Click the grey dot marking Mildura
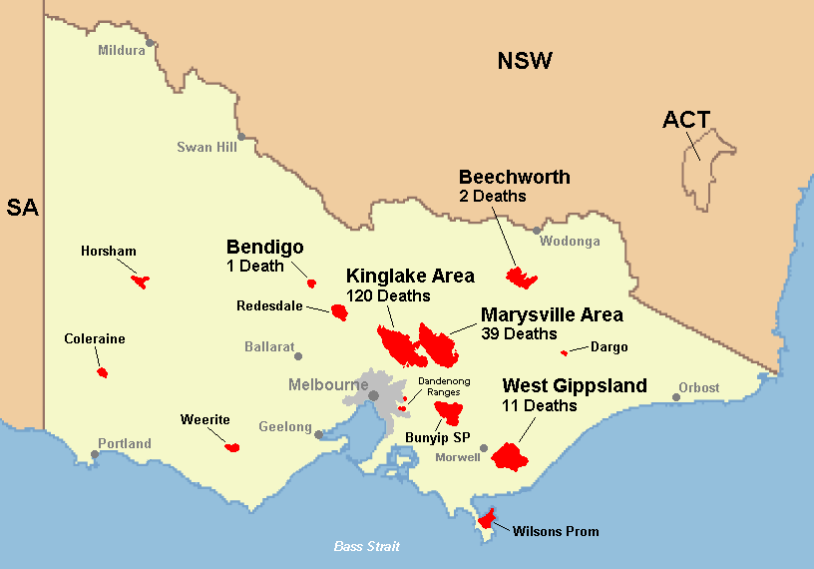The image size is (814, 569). pyautogui.click(x=150, y=43)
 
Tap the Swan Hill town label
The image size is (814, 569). pyautogui.click(x=207, y=147)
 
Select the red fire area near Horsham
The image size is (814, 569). pyautogui.click(x=140, y=282)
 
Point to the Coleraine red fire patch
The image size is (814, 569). pyautogui.click(x=102, y=372)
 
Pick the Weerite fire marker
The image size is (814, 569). pyautogui.click(x=232, y=447)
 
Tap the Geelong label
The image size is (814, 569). pyautogui.click(x=285, y=427)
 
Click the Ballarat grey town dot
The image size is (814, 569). pyautogui.click(x=298, y=355)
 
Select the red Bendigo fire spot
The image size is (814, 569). pyautogui.click(x=311, y=283)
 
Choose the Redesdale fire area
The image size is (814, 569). pyautogui.click(x=339, y=313)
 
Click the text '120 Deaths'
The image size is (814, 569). pyautogui.click(x=388, y=295)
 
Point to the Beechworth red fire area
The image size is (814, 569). pyautogui.click(x=520, y=277)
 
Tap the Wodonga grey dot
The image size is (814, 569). pyautogui.click(x=537, y=231)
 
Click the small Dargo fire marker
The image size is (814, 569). pyautogui.click(x=565, y=352)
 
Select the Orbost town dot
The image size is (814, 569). pyautogui.click(x=676, y=397)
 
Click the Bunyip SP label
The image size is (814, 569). pyautogui.click(x=437, y=437)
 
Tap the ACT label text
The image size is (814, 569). pyautogui.click(x=686, y=121)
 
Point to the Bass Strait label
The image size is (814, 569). pyautogui.click(x=366, y=546)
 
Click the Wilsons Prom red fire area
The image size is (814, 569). pyautogui.click(x=488, y=517)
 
